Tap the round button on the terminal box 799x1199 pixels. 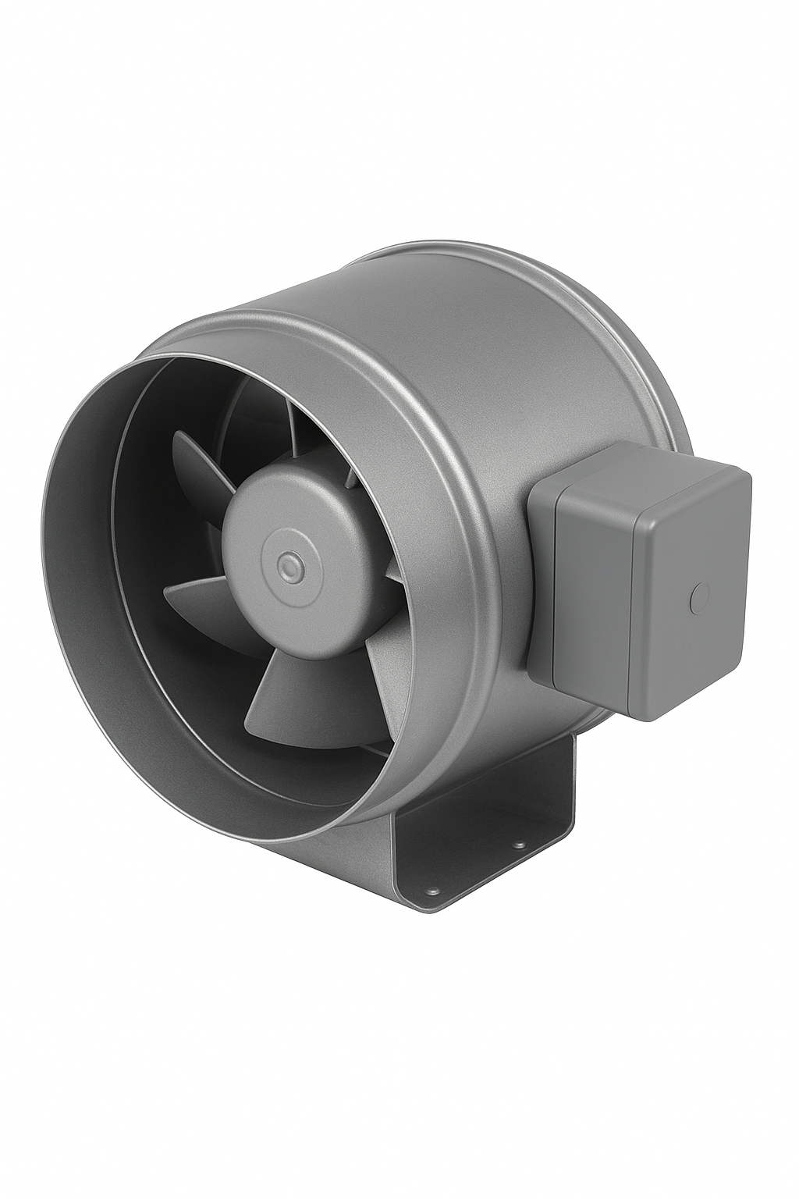point(697,599)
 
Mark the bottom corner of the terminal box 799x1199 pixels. point(655,717)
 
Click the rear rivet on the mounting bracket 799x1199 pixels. point(515,843)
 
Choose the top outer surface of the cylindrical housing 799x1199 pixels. point(437,312)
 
